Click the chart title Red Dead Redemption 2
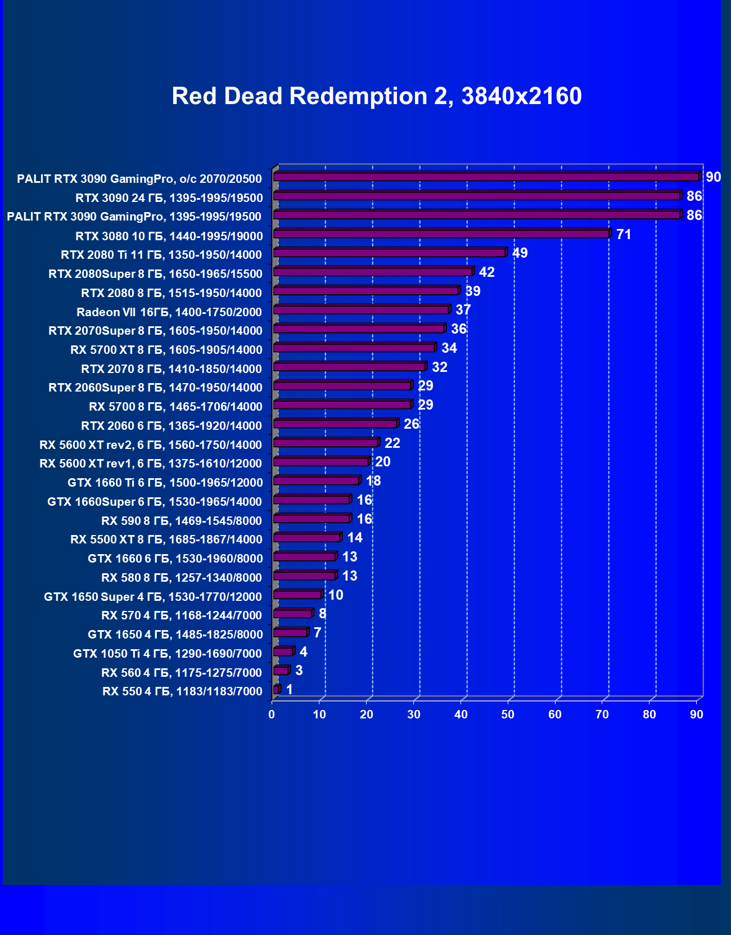[x=376, y=96]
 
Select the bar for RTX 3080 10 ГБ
[x=441, y=234]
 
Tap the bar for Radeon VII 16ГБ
[x=362, y=310]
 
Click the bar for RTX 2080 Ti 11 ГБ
[x=390, y=253]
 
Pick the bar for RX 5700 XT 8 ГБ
[x=354, y=348]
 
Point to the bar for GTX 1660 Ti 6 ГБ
[x=317, y=481]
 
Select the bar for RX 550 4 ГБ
[x=276, y=690]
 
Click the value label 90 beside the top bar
[x=713, y=177]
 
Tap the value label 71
[x=624, y=234]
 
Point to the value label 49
[x=520, y=253]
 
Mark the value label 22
[x=392, y=443]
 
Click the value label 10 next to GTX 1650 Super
[x=336, y=595]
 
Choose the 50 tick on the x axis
[x=508, y=714]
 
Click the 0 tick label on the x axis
[x=272, y=714]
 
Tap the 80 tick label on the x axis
[x=649, y=714]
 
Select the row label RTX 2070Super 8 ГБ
[x=155, y=331]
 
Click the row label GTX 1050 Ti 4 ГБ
[x=168, y=654]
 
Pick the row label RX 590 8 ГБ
[x=182, y=521]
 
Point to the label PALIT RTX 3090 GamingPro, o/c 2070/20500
[x=139, y=179]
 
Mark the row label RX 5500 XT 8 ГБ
[x=166, y=540]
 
